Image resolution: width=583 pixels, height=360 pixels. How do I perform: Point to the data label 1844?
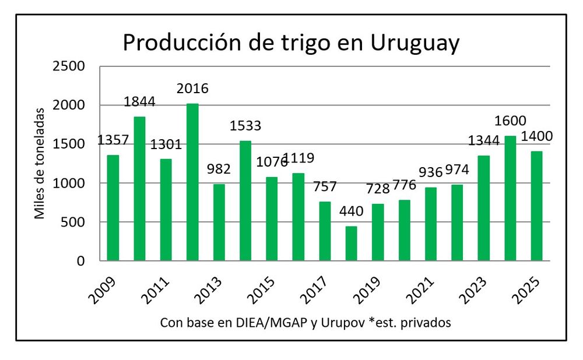(x=139, y=101)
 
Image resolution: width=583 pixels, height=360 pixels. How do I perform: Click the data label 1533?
(x=245, y=125)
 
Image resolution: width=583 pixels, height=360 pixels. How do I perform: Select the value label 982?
(x=219, y=170)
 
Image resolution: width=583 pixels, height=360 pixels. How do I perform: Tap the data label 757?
(x=325, y=187)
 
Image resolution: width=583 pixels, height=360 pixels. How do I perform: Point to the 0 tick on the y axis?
(x=82, y=261)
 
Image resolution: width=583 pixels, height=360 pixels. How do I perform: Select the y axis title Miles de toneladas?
(x=40, y=163)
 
